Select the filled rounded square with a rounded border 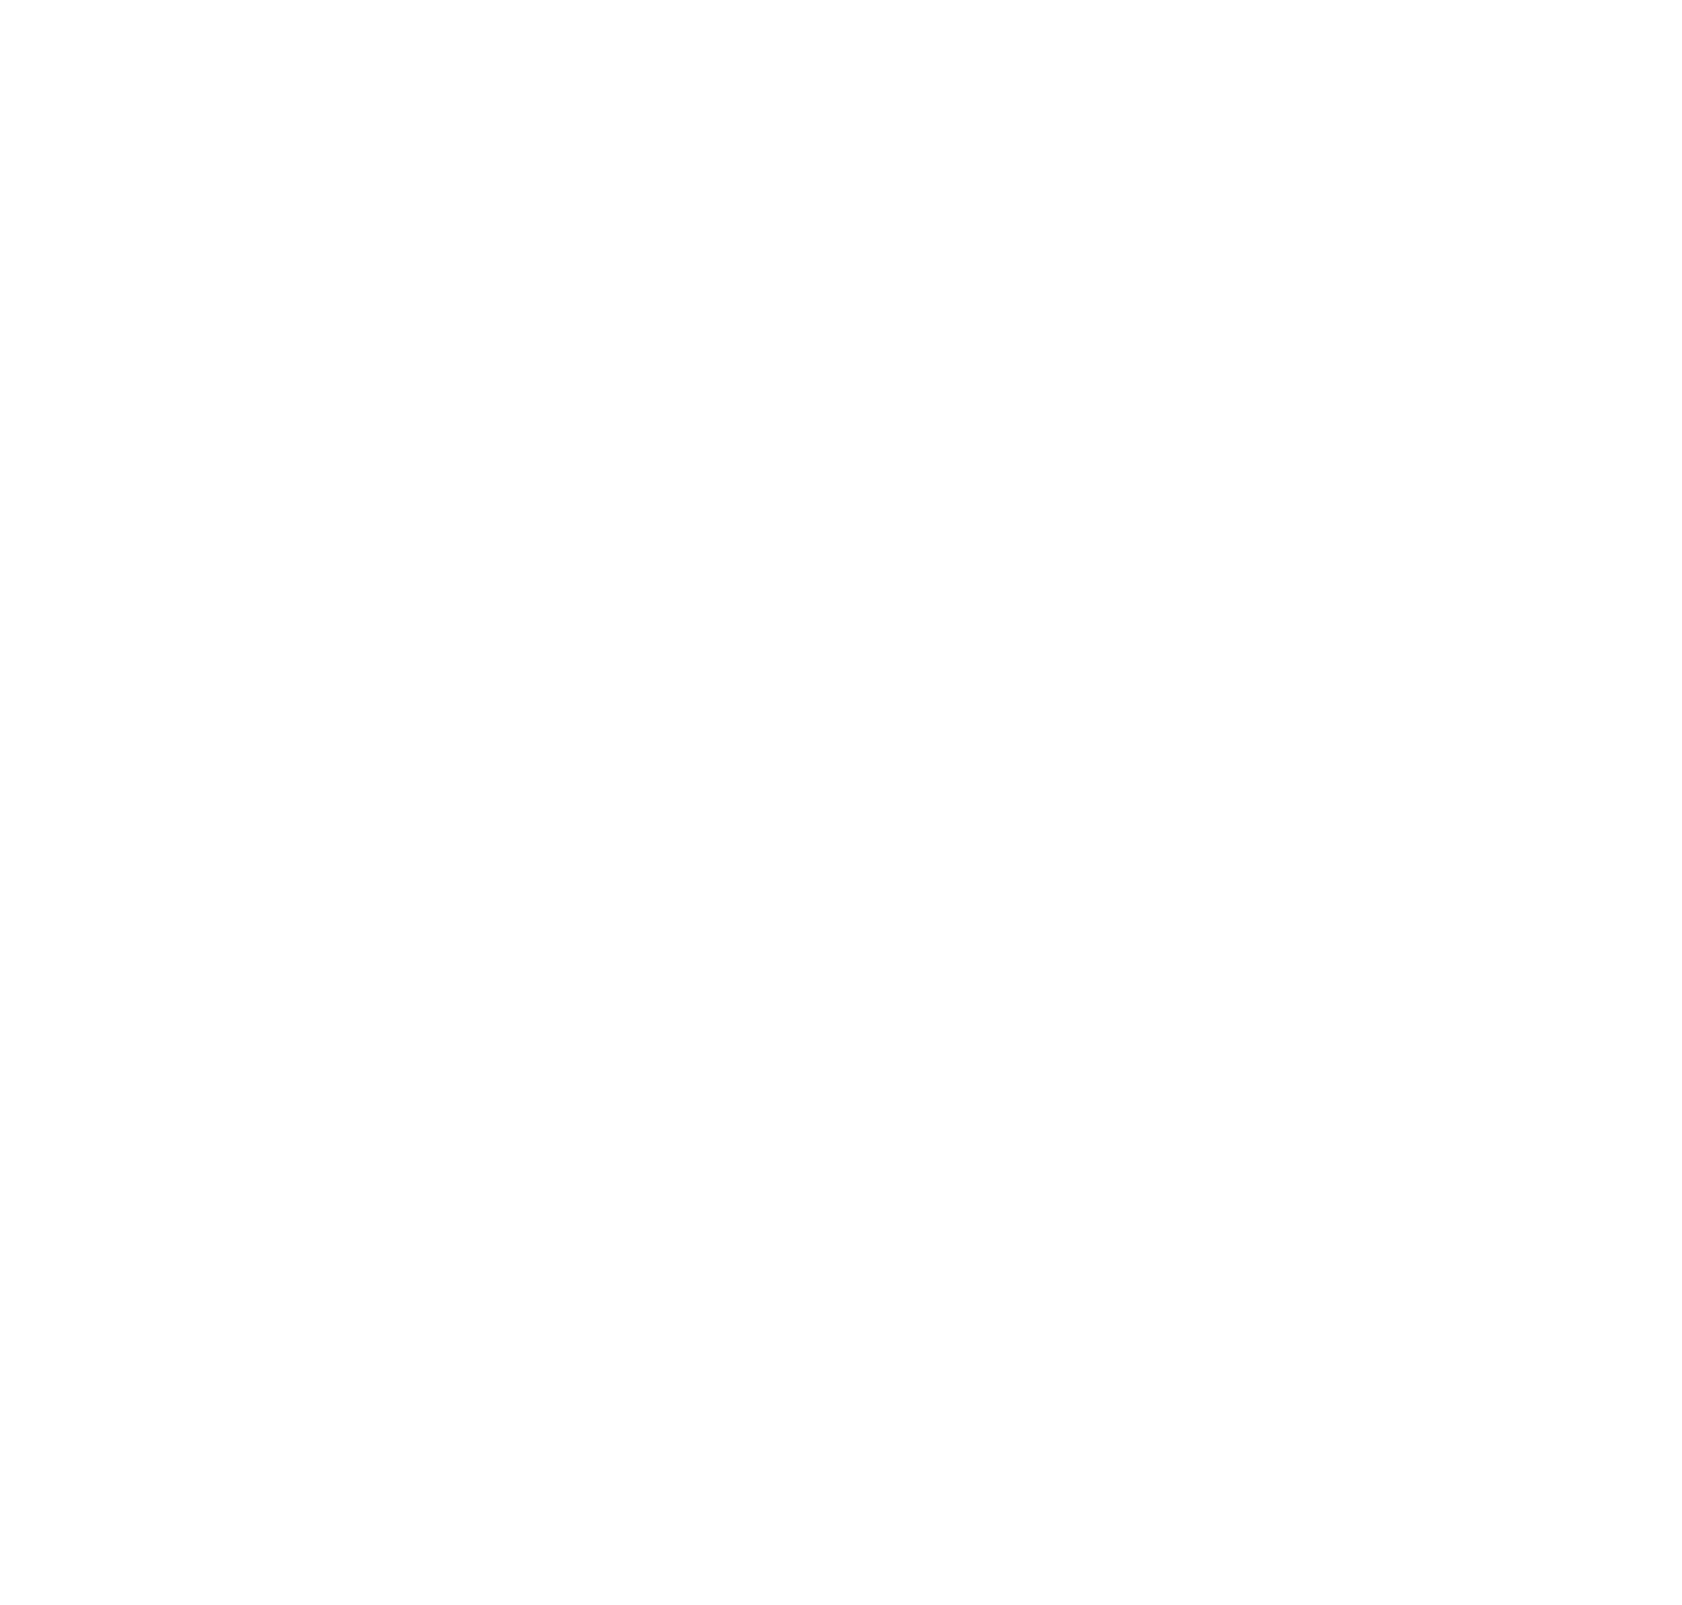pyautogui.click(x=748, y=1490)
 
